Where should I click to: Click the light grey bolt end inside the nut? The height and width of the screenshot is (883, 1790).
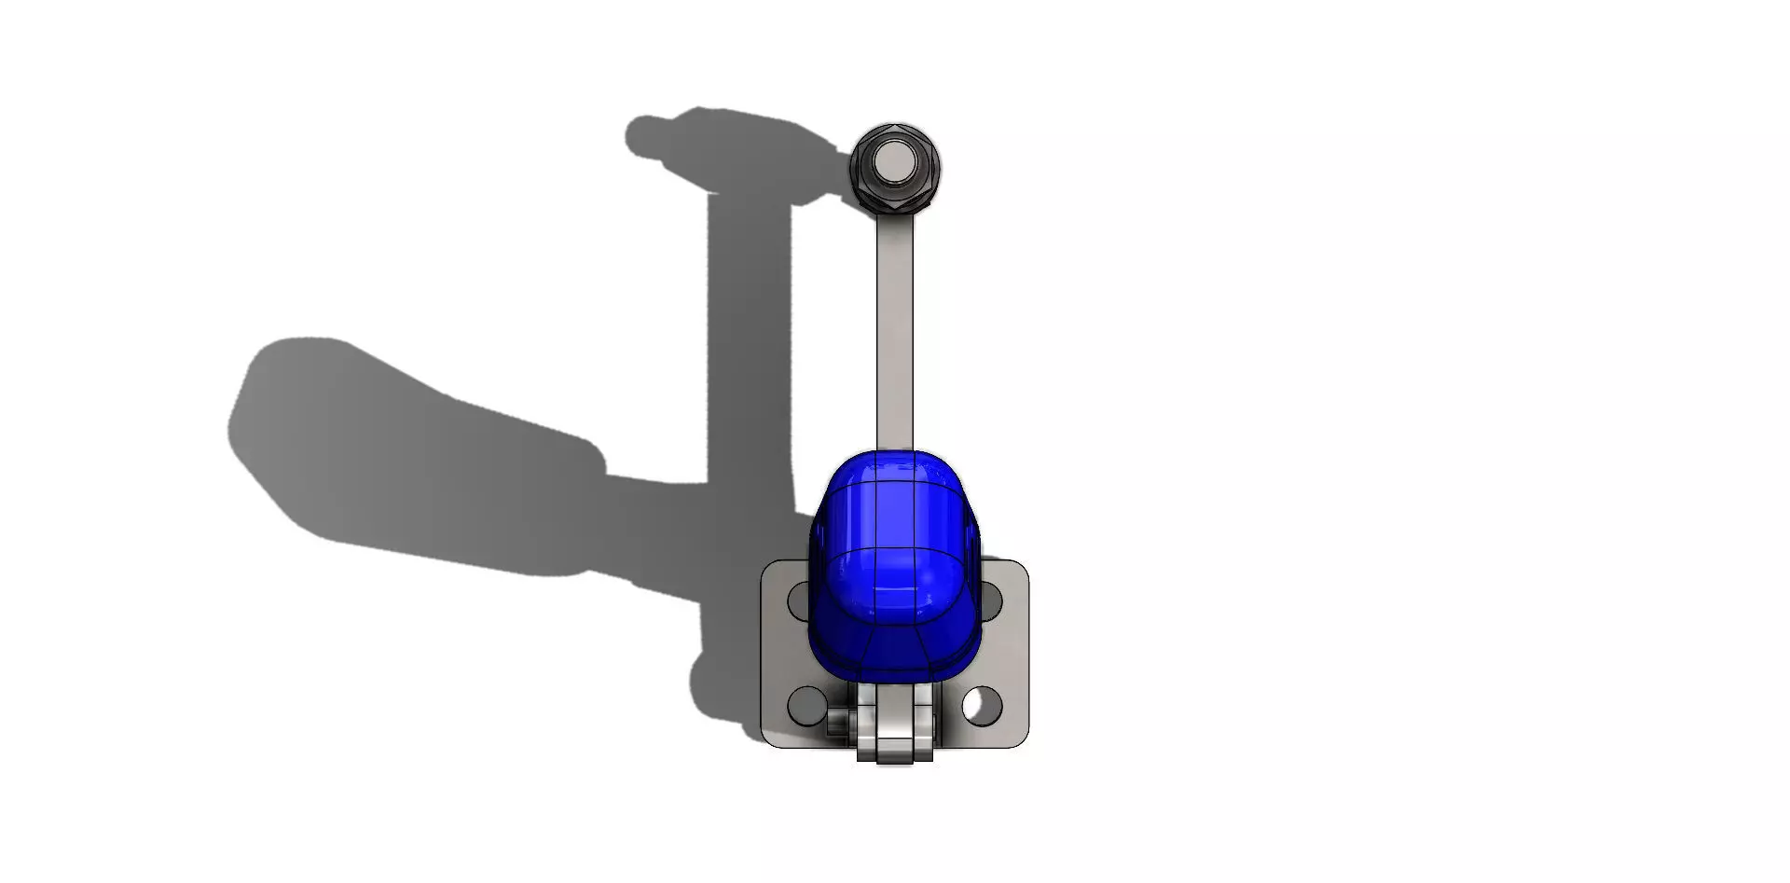895,165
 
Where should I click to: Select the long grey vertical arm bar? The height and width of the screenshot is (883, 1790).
894,326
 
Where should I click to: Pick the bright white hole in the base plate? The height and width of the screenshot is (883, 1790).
978,705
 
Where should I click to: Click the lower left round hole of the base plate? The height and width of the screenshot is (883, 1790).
805,705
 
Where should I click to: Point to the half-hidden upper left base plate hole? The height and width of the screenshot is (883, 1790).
798,600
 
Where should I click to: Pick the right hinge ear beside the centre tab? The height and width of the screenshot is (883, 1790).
924,737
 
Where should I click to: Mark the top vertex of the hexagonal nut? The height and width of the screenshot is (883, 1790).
895,125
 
